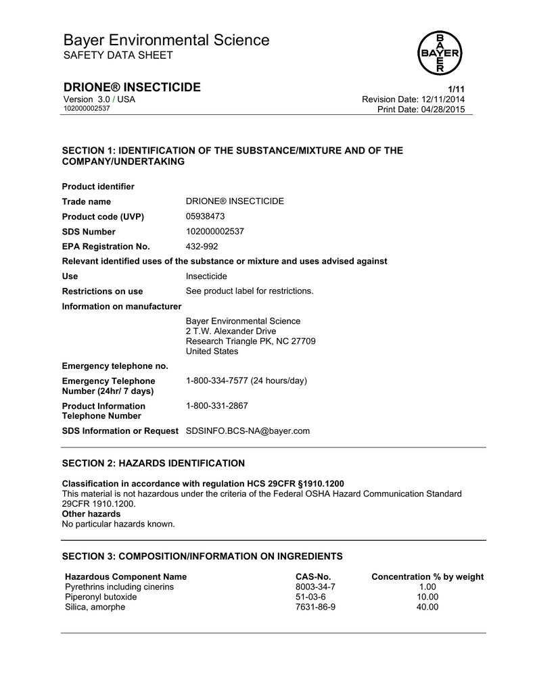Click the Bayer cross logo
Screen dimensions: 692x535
click(x=440, y=52)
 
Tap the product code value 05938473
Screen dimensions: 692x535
click(x=205, y=216)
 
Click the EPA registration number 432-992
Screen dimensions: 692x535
click(x=202, y=246)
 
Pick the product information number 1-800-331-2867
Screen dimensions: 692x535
click(x=216, y=406)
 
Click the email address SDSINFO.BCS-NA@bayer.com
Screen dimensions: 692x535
click(x=248, y=431)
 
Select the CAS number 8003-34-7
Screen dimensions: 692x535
click(x=315, y=587)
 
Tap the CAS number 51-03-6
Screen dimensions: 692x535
click(x=310, y=597)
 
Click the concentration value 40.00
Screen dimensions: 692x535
click(x=427, y=608)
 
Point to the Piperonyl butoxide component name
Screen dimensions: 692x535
click(x=101, y=597)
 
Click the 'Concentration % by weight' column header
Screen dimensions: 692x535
click(x=427, y=577)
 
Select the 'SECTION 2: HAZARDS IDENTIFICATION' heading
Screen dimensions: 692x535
click(x=154, y=464)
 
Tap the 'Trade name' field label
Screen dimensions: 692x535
click(x=87, y=201)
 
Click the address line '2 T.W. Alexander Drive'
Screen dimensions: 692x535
click(x=231, y=331)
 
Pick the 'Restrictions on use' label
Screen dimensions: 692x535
click(x=102, y=291)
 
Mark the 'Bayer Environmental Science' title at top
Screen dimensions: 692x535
click(x=166, y=41)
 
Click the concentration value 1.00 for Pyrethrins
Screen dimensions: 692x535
click(x=427, y=587)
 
